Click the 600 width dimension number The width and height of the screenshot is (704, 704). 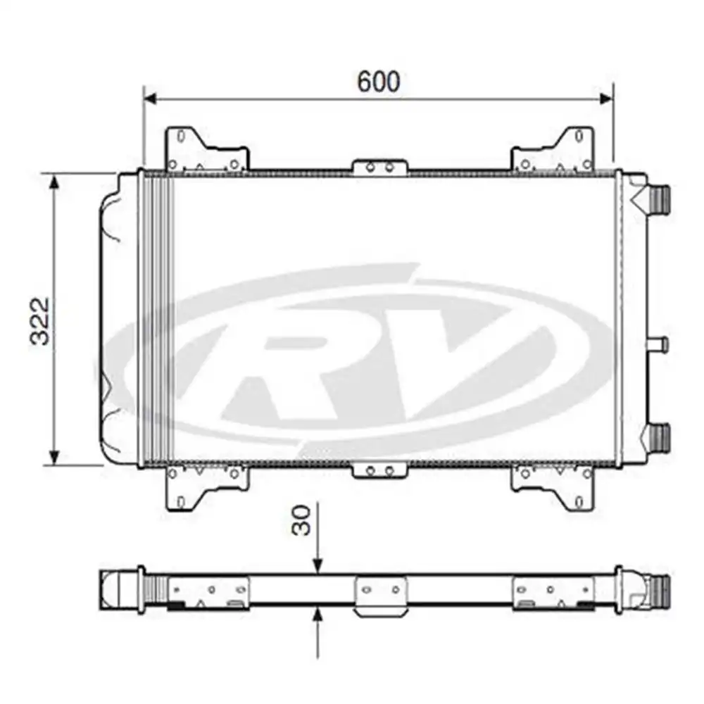pos(378,82)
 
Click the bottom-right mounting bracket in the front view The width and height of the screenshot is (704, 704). pos(553,485)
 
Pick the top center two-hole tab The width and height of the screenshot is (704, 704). pos(380,168)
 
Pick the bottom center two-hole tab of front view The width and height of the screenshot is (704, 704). pos(380,470)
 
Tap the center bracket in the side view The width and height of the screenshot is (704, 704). pos(380,596)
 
